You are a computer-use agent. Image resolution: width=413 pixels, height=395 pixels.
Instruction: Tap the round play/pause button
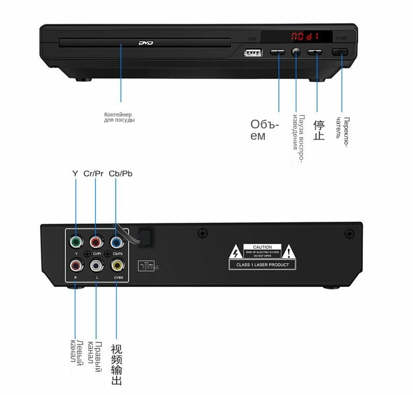tap(296, 52)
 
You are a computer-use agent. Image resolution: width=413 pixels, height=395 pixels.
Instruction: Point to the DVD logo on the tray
tap(146, 44)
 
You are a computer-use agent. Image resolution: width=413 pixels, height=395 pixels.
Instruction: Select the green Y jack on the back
tap(76, 241)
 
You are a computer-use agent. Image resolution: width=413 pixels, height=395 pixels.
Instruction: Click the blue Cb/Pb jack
tap(116, 241)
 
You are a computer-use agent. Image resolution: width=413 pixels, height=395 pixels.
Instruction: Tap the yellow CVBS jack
tap(117, 265)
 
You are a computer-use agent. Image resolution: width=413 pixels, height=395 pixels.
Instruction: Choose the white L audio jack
tap(96, 265)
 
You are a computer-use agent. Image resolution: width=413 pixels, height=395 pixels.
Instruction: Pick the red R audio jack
tap(76, 265)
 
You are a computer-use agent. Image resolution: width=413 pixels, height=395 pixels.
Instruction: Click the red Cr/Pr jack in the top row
tap(96, 241)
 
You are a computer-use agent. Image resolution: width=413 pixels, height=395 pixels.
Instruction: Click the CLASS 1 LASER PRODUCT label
tap(263, 265)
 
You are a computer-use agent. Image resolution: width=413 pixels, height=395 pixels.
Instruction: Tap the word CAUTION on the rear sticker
tap(263, 248)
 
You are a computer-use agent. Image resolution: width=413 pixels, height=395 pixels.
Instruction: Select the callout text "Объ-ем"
tap(264, 130)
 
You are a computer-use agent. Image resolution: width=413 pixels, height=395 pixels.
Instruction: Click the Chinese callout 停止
tap(319, 130)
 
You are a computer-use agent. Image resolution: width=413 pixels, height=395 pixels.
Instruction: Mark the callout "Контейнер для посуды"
tap(119, 117)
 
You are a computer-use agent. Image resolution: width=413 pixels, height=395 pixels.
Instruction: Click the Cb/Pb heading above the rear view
tap(120, 174)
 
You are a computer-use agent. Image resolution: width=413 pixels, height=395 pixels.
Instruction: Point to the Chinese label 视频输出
tap(117, 365)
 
